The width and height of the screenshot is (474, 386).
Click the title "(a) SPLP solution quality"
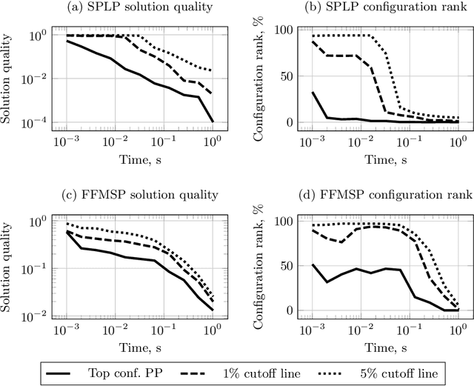140,10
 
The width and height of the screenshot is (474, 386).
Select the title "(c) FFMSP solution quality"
140,195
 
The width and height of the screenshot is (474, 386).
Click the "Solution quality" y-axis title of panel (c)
10,263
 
